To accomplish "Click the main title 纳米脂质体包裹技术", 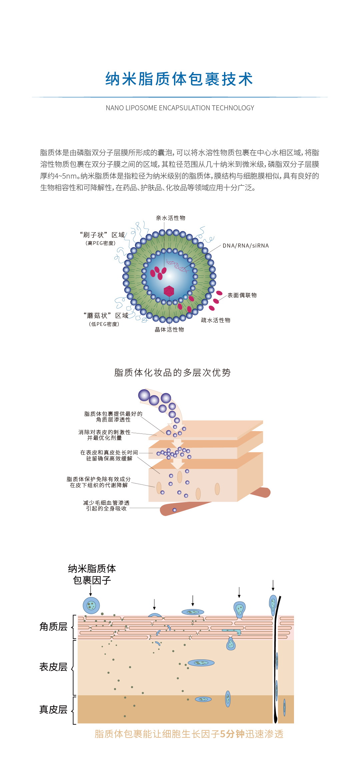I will (x=179, y=79).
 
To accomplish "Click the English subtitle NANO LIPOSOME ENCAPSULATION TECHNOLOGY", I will (x=180, y=108).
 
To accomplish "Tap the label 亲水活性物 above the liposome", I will (x=170, y=218).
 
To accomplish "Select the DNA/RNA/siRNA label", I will (x=246, y=246).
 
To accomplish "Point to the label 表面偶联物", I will (x=242, y=295).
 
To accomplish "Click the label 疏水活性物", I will (x=216, y=320).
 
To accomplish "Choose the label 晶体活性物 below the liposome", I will (x=169, y=330).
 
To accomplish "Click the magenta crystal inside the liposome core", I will (x=169, y=291).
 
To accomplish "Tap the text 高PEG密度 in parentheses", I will (x=101, y=243).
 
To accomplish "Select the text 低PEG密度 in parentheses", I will (x=104, y=324).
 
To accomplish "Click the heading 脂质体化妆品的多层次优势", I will (x=172, y=373).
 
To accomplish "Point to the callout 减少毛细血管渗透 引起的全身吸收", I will (x=106, y=505).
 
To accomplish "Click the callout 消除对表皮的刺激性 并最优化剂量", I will (x=105, y=435).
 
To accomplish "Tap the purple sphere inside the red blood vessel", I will (x=174, y=510).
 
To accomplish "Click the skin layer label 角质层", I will (x=53, y=627).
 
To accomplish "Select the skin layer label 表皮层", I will (x=53, y=667).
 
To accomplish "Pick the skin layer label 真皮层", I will (x=53, y=709).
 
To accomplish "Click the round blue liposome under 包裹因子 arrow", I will (x=91, y=605).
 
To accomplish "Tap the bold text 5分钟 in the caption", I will (x=232, y=734).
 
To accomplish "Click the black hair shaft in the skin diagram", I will (x=276, y=666).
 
